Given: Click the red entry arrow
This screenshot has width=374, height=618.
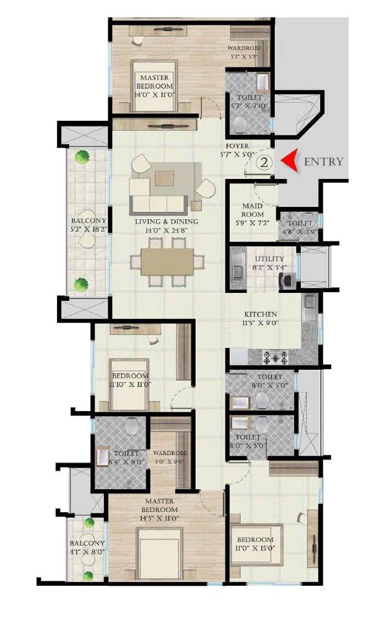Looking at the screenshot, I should pyautogui.click(x=289, y=161).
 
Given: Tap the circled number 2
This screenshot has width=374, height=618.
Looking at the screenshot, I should pyautogui.click(x=264, y=162).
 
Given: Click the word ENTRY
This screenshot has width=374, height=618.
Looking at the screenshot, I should pyautogui.click(x=323, y=162).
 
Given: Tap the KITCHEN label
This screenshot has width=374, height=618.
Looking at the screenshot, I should pyautogui.click(x=260, y=315).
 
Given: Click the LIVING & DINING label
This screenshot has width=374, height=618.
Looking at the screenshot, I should pyautogui.click(x=167, y=222).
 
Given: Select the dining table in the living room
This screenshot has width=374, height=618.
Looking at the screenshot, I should pyautogui.click(x=167, y=262).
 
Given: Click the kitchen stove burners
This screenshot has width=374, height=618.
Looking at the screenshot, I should pyautogui.click(x=275, y=357).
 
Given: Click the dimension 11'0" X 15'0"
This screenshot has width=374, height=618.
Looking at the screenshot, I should pyautogui.click(x=254, y=548).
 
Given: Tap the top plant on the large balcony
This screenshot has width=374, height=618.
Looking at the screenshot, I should pyautogui.click(x=80, y=158).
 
